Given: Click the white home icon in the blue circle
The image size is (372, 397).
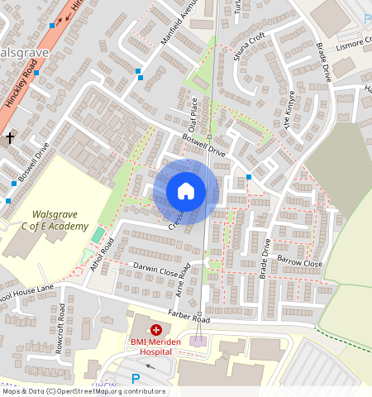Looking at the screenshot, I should [x=186, y=191].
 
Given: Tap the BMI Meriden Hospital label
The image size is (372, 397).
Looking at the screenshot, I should [x=150, y=346].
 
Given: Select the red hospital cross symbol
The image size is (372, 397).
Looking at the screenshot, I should [x=155, y=329].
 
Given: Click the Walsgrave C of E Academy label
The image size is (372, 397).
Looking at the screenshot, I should [x=55, y=221].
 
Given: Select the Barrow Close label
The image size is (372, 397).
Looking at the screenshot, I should [x=299, y=263].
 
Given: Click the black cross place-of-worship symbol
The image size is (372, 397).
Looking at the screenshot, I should [x=9, y=137].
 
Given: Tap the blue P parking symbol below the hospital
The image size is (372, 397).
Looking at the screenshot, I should [x=136, y=379].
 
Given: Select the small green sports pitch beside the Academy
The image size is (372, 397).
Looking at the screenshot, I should [x=98, y=235].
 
